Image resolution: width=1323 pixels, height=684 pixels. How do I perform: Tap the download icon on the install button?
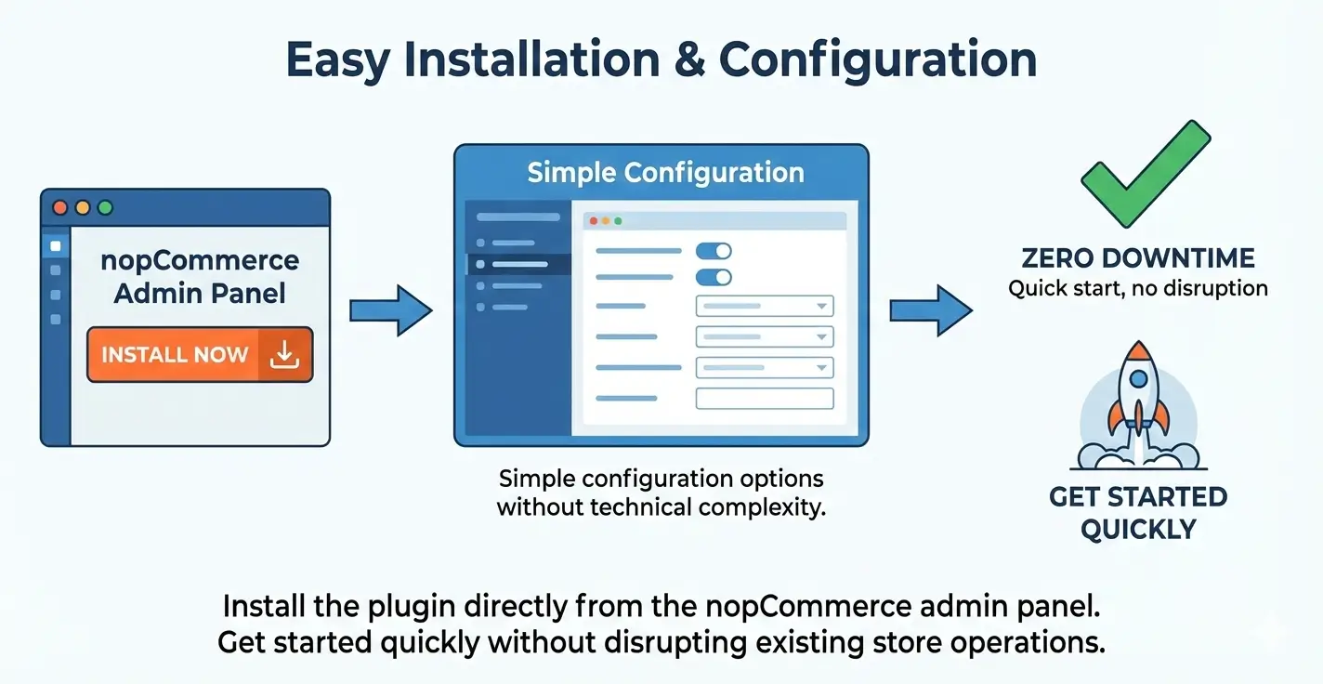pyautogui.click(x=284, y=354)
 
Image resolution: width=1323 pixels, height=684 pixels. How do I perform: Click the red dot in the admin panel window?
pyautogui.click(x=60, y=208)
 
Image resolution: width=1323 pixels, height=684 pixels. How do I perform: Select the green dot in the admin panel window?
pyautogui.click(x=105, y=208)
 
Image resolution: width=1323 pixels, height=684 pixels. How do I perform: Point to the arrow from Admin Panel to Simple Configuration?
pyautogui.click(x=390, y=310)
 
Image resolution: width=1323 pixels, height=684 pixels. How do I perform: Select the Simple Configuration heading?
pyautogui.click(x=665, y=173)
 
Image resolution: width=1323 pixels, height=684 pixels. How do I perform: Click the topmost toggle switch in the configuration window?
pyautogui.click(x=714, y=251)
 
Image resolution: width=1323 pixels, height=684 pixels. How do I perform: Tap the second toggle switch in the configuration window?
pyautogui.click(x=714, y=277)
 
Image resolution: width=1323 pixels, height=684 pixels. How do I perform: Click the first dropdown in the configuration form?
pyautogui.click(x=764, y=306)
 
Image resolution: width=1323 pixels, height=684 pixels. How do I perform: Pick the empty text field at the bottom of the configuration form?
pyautogui.click(x=764, y=399)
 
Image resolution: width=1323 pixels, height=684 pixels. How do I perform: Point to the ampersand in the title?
pyautogui.click(x=693, y=59)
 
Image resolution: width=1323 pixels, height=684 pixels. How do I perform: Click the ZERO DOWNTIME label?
pyautogui.click(x=1138, y=258)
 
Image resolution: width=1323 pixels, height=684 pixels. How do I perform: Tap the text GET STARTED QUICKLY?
pyautogui.click(x=1138, y=513)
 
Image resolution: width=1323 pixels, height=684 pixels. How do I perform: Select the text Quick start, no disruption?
pyautogui.click(x=1138, y=288)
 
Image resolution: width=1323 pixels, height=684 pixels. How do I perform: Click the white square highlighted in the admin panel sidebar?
pyautogui.click(x=56, y=246)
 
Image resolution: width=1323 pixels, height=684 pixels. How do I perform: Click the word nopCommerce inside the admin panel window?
pyautogui.click(x=200, y=260)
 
